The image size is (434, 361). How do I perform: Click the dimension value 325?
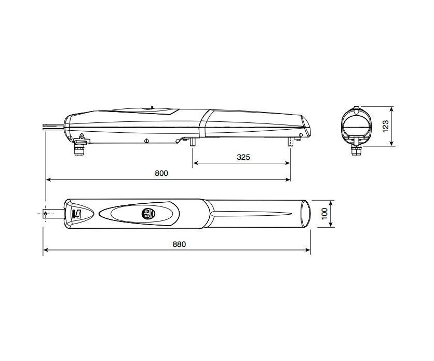242,157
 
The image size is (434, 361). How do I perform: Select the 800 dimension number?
162,174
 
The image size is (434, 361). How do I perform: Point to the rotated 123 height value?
385,127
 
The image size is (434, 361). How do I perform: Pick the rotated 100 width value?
325,214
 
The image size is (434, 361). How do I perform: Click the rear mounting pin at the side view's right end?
289,141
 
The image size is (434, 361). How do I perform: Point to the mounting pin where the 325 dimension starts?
193,141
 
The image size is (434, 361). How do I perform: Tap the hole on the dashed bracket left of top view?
46,213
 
